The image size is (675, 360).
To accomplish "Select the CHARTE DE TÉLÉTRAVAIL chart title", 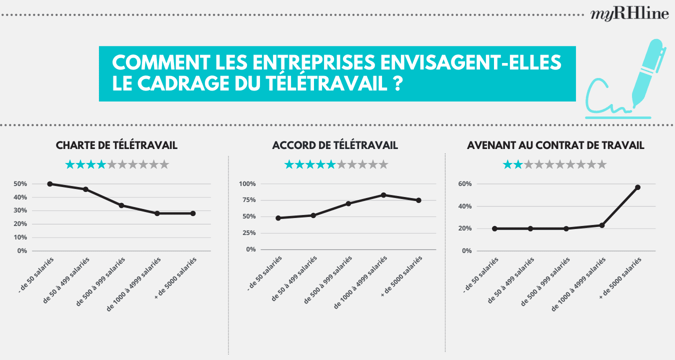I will pos(116,145).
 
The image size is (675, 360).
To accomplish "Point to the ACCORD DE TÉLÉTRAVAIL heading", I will pos(335,145).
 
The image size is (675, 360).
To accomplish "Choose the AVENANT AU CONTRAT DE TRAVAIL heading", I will pos(555,145).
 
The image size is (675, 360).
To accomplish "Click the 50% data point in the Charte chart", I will pos(49,184).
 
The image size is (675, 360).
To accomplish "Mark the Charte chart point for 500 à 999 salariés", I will pos(121,205).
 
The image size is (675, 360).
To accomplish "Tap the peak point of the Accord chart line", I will pos(383,195).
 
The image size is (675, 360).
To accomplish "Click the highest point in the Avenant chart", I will pos(637,187).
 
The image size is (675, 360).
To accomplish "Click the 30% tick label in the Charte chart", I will pos(20,210).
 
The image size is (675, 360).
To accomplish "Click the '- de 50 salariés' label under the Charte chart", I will pos(35,275).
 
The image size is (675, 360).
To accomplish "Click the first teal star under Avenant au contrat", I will pos(507,164).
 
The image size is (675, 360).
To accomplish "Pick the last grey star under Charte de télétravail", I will pos(164,164).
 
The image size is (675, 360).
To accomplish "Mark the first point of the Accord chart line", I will pos(278,218).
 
